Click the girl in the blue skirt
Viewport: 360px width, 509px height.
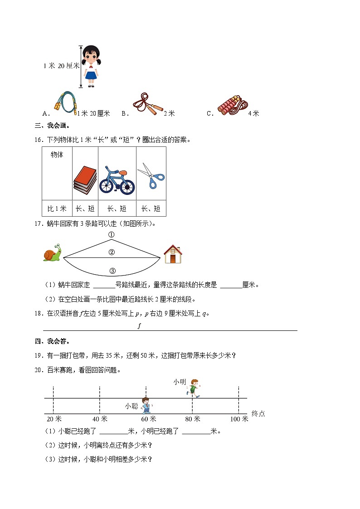(91, 66)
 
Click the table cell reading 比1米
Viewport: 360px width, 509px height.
(57, 208)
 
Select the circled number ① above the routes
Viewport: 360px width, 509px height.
(111, 235)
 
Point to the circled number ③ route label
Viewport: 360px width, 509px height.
(112, 271)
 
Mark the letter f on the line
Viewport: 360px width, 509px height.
(140, 326)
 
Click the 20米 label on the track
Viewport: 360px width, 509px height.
(54, 419)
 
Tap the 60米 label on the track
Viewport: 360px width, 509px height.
(149, 419)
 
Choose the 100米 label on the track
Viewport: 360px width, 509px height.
(239, 419)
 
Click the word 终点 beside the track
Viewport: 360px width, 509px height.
(258, 413)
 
